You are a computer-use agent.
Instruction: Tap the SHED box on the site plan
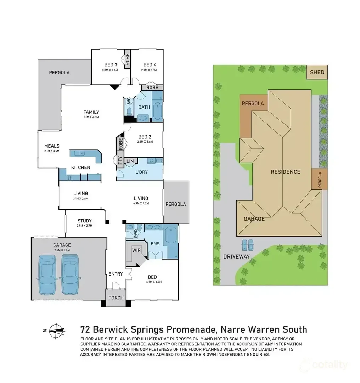click(x=317, y=72)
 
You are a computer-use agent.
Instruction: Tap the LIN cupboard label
click(x=130, y=161)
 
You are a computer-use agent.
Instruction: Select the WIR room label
click(x=136, y=250)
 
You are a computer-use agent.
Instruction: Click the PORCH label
click(x=116, y=298)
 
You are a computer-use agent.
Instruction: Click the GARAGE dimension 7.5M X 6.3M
click(x=62, y=250)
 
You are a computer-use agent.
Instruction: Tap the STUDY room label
click(x=84, y=221)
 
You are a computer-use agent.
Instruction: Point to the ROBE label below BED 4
click(x=152, y=87)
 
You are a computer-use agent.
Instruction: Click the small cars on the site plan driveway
click(x=247, y=245)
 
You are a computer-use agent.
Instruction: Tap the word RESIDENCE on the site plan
click(x=285, y=172)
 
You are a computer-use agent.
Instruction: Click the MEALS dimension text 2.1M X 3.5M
click(x=52, y=151)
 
